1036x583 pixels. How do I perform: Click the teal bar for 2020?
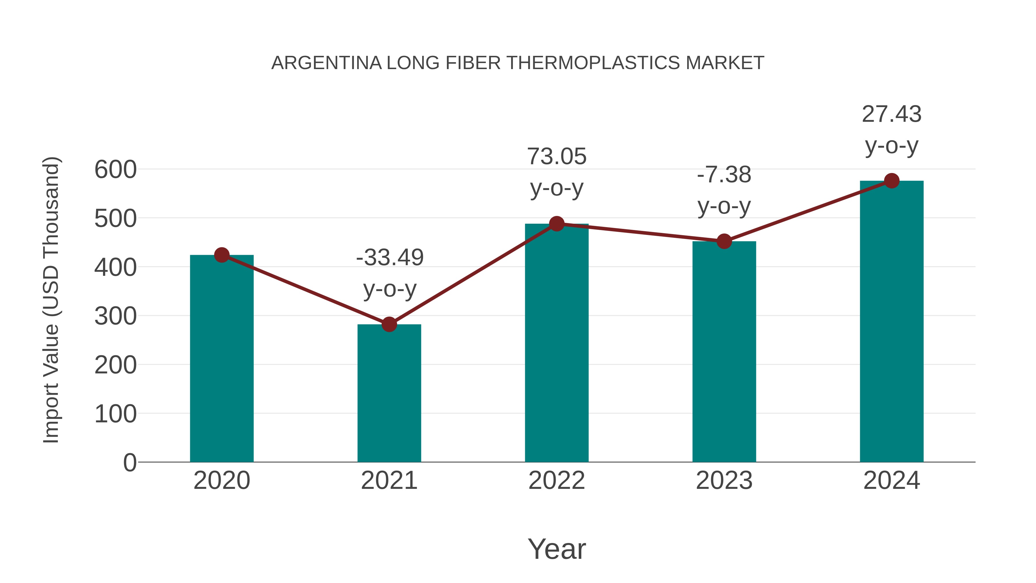tap(222, 358)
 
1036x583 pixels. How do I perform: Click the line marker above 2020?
tap(222, 255)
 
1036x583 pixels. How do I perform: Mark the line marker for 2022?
tap(557, 224)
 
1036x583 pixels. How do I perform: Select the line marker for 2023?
tap(724, 242)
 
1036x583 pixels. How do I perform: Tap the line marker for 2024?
tap(892, 181)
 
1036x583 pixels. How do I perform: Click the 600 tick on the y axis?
tap(115, 169)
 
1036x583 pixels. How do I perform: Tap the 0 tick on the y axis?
tap(129, 462)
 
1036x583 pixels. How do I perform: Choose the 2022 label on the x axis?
tap(557, 481)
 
